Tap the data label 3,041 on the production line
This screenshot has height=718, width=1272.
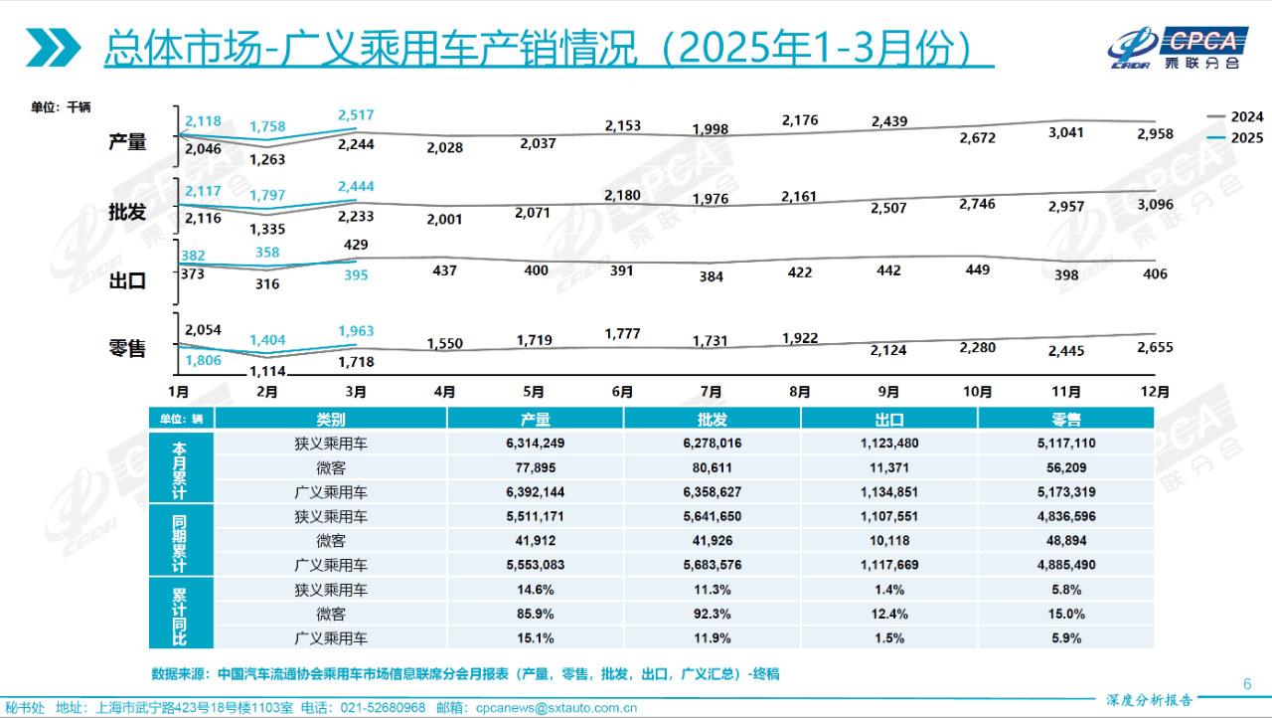(1065, 133)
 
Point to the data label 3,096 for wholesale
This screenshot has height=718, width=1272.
(1154, 205)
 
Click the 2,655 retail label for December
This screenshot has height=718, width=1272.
(1154, 348)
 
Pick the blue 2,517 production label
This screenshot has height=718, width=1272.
(355, 115)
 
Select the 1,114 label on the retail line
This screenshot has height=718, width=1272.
(266, 371)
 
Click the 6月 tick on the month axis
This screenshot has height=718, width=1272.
(623, 393)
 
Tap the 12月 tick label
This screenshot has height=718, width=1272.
(1155, 393)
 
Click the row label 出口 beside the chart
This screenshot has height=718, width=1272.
(127, 281)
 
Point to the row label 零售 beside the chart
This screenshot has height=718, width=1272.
(127, 349)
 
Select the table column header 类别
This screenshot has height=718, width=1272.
(330, 420)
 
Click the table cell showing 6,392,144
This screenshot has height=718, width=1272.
(535, 491)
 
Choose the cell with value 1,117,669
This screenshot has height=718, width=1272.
(888, 565)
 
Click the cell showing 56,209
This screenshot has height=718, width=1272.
(1066, 467)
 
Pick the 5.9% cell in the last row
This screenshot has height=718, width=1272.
(1066, 638)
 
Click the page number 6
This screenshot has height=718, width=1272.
(1247, 683)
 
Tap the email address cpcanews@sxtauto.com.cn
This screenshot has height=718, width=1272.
(556, 708)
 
